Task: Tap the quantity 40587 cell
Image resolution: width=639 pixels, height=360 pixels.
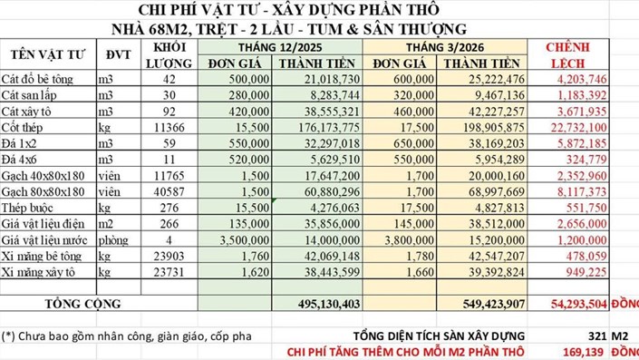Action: tap(170, 191)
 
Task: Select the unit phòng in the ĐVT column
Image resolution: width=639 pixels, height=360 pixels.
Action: tap(114, 239)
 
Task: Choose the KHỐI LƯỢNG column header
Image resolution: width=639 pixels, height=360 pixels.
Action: tap(171, 55)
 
